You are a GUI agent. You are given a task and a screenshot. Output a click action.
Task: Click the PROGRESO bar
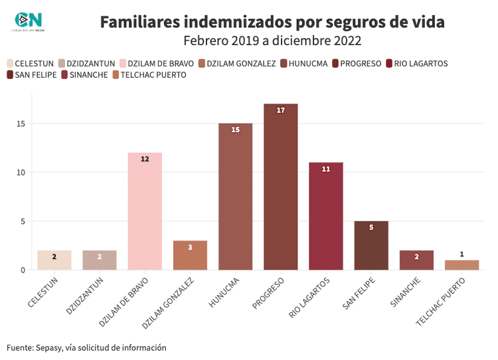[280, 187]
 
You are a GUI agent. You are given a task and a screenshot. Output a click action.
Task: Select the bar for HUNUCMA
[235, 197]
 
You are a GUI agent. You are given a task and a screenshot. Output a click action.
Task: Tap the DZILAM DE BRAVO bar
[145, 211]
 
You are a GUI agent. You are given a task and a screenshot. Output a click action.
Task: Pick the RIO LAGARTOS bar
[325, 216]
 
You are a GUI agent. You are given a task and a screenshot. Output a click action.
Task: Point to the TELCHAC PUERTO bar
[461, 265]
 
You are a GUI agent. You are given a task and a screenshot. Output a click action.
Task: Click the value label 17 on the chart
[280, 110]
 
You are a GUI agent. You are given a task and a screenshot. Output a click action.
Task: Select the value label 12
[145, 159]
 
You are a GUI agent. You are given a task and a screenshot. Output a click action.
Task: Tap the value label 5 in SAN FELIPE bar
[371, 228]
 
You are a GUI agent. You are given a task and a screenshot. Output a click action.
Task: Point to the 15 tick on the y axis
[21, 124]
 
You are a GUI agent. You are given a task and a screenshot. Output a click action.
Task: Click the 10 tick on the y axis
[21, 173]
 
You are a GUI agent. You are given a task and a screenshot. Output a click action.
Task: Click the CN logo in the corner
[29, 21]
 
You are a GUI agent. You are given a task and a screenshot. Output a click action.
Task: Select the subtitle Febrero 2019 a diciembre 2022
[272, 41]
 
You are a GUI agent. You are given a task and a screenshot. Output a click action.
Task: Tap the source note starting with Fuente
[86, 347]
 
